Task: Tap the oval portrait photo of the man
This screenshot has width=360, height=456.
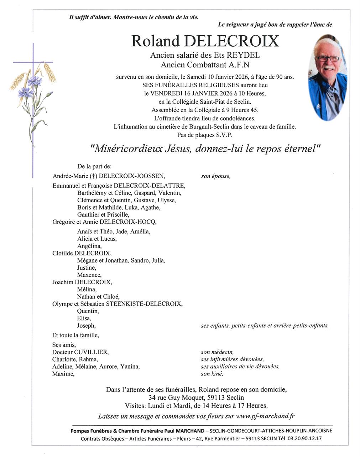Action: (x=327, y=77)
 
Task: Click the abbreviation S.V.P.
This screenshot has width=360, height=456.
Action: (x=224, y=135)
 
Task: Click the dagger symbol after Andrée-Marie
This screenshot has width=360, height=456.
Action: (x=94, y=176)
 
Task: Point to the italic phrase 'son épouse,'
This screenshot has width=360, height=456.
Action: (x=216, y=176)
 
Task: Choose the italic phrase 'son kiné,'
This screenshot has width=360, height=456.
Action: (x=212, y=374)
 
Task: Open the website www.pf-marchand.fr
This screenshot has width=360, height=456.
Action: (x=265, y=416)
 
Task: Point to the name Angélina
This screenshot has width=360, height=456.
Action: (x=89, y=246)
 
